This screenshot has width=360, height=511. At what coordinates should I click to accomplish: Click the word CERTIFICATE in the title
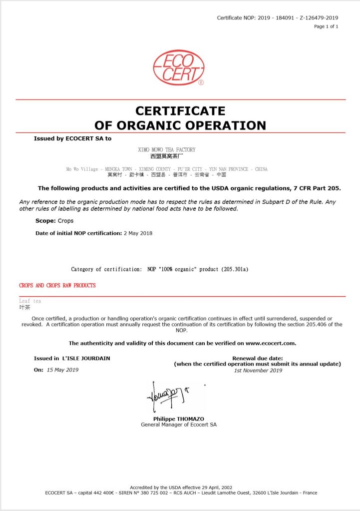click(180, 110)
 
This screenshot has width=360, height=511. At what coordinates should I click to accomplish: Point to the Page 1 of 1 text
click(326, 26)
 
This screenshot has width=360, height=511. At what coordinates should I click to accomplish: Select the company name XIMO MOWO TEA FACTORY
click(166, 150)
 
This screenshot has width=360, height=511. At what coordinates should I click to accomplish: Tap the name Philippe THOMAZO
click(179, 419)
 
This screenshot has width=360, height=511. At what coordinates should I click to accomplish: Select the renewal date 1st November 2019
click(258, 370)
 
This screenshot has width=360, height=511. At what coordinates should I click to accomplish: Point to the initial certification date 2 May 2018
click(138, 233)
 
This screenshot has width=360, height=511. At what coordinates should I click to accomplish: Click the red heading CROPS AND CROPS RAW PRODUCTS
click(57, 286)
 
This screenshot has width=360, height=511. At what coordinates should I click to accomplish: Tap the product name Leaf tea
click(30, 301)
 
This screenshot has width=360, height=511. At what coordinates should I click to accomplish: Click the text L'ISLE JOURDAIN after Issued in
click(86, 358)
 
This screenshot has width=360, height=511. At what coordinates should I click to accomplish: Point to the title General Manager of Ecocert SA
click(179, 425)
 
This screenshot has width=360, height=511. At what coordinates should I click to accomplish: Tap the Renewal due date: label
click(258, 358)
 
